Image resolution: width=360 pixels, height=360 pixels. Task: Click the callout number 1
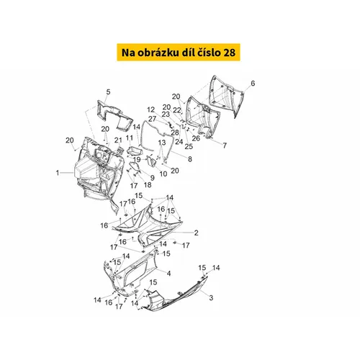pyautogui.click(x=58, y=173)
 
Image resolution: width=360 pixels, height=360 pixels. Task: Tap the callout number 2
pyautogui.click(x=196, y=233)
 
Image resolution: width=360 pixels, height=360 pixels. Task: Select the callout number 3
pyautogui.click(x=211, y=297)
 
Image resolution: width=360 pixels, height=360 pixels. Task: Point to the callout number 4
pyautogui.click(x=168, y=273)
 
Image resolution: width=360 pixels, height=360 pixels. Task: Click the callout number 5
pyautogui.click(x=108, y=92)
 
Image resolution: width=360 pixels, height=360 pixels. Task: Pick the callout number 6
pyautogui.click(x=253, y=84)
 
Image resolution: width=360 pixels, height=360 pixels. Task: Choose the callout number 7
pyautogui.click(x=225, y=145)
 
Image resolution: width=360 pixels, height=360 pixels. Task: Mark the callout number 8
pyautogui.click(x=190, y=159)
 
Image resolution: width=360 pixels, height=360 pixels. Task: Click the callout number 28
pyautogui.click(x=175, y=132)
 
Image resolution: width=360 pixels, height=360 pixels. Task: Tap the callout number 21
pyautogui.click(x=118, y=140)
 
